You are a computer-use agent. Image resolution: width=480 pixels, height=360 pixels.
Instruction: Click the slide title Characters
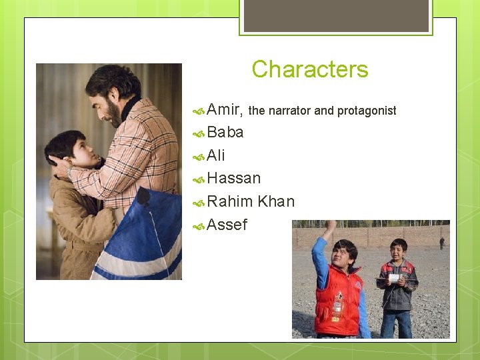(309, 69)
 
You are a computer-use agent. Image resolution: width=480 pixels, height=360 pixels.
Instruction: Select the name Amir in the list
(226, 109)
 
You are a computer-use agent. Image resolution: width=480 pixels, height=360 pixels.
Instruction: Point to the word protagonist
(366, 111)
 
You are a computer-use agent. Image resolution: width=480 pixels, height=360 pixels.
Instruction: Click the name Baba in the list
(225, 132)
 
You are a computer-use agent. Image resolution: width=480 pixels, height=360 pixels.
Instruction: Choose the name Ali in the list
(216, 155)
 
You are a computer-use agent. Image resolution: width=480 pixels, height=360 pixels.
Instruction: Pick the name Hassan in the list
(233, 178)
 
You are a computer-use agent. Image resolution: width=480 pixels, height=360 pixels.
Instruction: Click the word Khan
(276, 201)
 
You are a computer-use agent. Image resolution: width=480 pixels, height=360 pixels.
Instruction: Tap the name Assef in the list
(227, 225)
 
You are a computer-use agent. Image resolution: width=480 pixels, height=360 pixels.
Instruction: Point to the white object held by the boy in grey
(394, 277)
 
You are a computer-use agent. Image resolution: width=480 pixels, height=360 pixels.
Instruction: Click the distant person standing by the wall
(441, 243)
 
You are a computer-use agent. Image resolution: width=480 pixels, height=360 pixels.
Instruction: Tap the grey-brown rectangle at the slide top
(336, 15)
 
